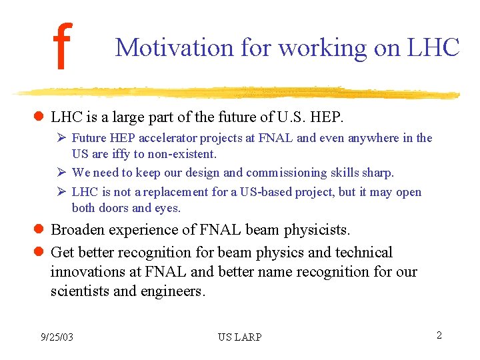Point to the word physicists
pyautogui.click(x=317, y=230)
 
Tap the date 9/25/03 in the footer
pyautogui.click(x=57, y=337)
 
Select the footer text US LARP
pyautogui.click(x=239, y=337)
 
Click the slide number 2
pyautogui.click(x=439, y=335)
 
